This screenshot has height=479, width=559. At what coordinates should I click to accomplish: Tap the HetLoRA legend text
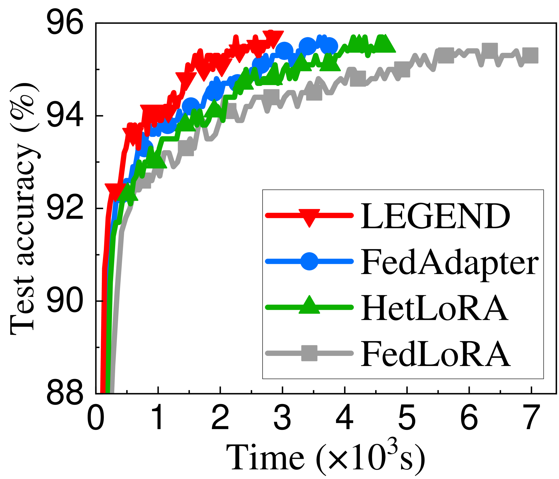434,308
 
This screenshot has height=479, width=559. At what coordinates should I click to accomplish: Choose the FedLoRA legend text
435,353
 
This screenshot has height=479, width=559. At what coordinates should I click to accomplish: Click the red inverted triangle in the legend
309,217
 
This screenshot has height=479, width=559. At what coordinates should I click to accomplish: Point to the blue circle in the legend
309,261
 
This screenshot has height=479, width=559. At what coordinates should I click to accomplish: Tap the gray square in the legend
309,353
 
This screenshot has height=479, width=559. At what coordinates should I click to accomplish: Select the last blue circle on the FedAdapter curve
329,46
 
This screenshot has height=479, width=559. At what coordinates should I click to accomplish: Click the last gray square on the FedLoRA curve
530,55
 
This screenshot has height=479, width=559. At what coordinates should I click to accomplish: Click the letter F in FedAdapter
370,262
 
